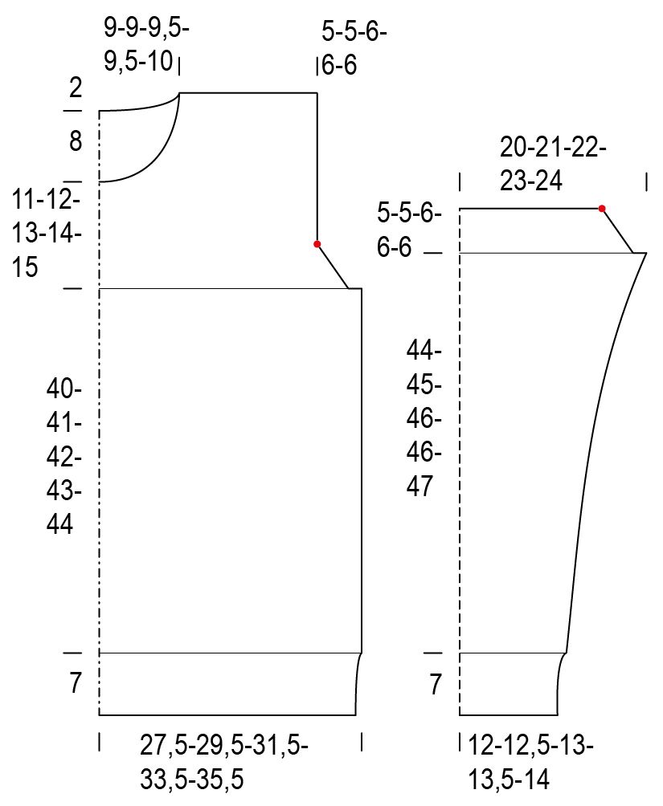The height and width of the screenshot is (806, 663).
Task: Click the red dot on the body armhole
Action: (x=317, y=244)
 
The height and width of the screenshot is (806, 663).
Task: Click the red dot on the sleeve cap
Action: (x=602, y=208)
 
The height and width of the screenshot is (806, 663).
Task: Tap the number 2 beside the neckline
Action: (x=76, y=88)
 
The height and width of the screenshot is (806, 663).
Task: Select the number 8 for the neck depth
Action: (x=76, y=140)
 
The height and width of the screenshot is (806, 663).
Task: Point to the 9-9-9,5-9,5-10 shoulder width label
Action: (x=146, y=45)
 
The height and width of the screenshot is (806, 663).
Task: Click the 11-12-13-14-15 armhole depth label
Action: (x=47, y=233)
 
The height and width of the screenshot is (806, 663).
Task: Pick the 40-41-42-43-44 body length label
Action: (x=63, y=457)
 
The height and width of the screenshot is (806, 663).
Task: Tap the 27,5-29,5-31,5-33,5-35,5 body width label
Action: (x=224, y=763)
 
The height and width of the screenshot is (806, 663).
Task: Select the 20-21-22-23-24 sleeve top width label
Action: (x=553, y=165)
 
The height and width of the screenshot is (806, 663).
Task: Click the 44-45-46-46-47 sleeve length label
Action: (x=424, y=418)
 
